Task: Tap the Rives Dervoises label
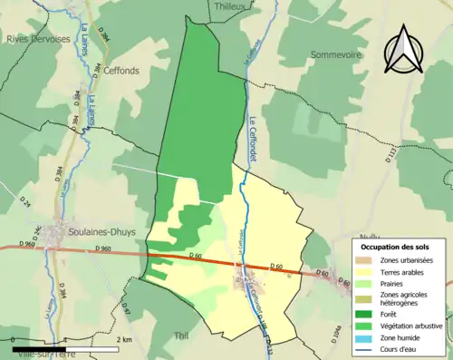point(38,39)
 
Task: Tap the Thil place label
point(180,336)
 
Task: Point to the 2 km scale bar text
point(123,339)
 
